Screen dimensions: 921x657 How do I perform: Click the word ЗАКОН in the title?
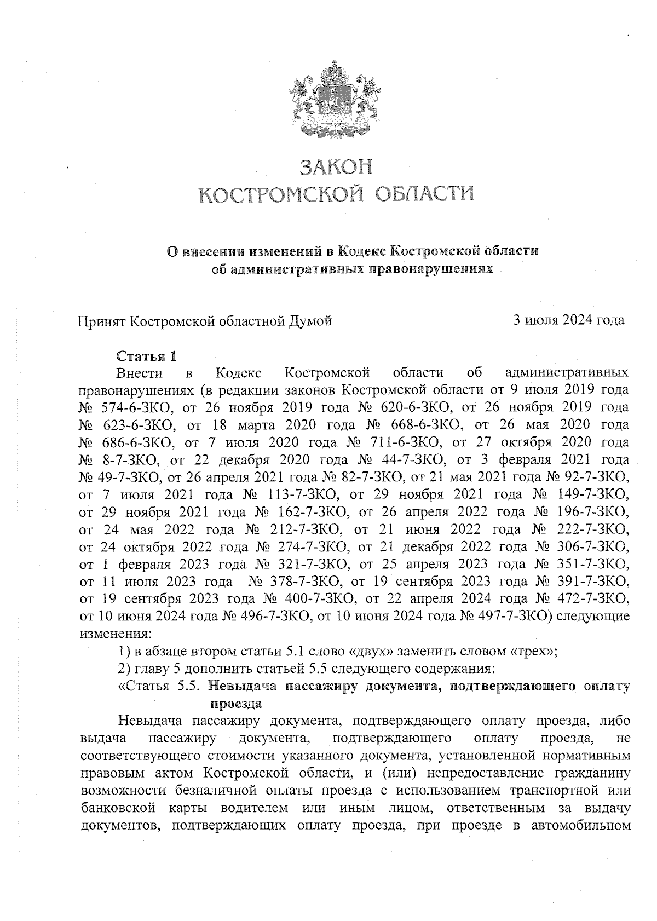coord(335,166)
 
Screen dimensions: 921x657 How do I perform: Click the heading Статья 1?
coord(146,356)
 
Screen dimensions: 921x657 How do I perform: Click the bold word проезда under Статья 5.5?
coord(235,704)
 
